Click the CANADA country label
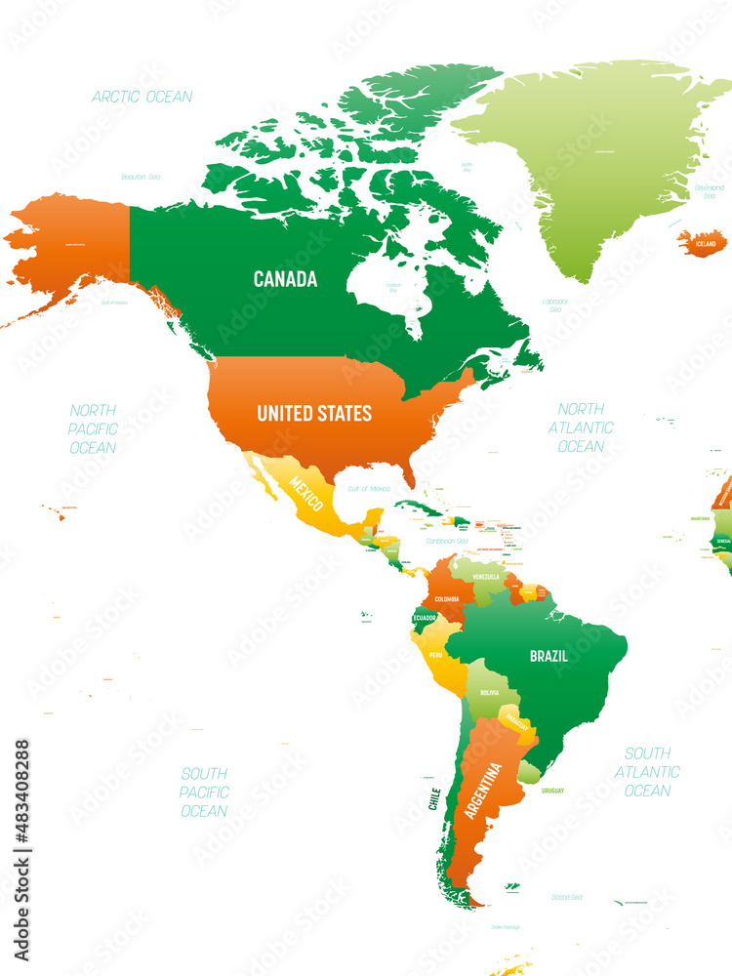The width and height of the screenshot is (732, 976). click(285, 279)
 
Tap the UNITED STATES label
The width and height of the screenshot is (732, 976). click(314, 414)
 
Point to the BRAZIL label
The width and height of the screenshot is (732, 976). click(549, 656)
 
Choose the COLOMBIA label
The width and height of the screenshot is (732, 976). click(448, 598)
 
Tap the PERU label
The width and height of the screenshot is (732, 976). click(435, 654)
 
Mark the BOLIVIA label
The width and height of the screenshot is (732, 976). click(489, 693)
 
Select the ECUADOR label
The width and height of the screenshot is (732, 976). click(425, 618)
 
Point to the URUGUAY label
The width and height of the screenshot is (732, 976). click(552, 790)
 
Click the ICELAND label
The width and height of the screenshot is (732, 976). click(705, 243)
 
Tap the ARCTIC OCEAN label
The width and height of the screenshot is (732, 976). click(142, 97)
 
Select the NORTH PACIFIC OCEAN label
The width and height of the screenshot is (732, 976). click(93, 428)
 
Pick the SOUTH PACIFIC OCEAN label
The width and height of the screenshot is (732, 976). click(205, 792)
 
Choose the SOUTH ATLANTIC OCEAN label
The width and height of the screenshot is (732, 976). click(648, 772)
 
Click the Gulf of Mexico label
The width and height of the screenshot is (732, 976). click(369, 488)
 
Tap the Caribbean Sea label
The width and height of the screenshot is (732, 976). click(448, 540)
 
